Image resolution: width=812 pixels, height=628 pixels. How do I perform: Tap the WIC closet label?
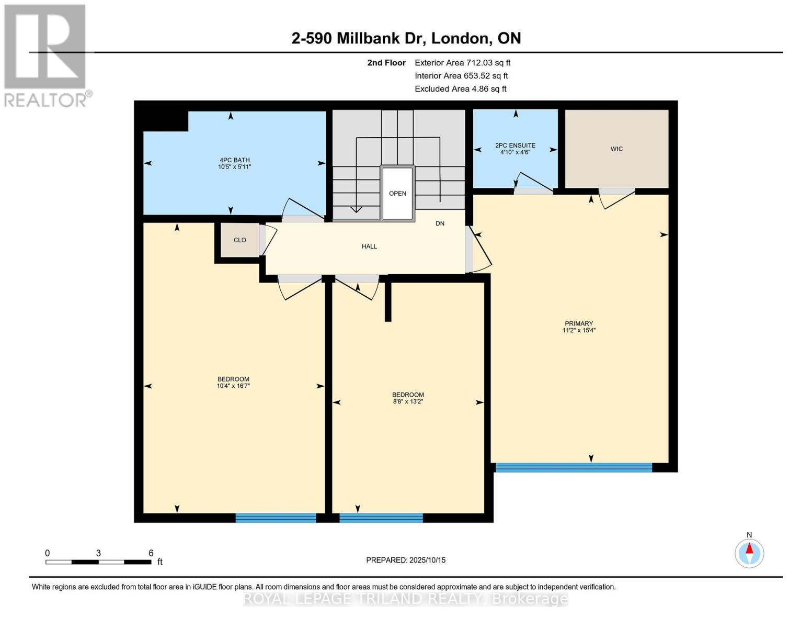[616, 149]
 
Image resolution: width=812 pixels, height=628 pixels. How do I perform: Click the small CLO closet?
[240, 240]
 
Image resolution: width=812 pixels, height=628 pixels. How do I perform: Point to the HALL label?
[369, 246]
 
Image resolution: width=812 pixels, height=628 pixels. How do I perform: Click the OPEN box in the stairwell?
[397, 194]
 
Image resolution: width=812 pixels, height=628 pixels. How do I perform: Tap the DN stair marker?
[440, 223]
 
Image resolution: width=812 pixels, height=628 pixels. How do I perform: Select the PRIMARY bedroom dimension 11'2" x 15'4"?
[579, 331]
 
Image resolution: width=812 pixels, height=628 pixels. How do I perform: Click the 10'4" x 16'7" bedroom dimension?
[233, 386]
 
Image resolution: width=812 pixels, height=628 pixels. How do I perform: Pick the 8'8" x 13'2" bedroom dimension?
[408, 402]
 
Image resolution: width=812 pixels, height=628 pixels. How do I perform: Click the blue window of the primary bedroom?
[574, 467]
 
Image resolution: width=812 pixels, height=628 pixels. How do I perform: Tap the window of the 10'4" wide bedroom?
[276, 518]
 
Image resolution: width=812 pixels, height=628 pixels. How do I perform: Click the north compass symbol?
[749, 553]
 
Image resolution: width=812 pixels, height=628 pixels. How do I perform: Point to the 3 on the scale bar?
[98, 553]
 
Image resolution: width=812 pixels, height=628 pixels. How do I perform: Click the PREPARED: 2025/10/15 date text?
[406, 560]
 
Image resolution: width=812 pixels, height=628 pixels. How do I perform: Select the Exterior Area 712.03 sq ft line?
[462, 63]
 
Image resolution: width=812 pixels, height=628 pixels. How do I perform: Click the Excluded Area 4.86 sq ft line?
[460, 89]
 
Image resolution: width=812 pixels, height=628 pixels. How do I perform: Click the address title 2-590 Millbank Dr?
[406, 38]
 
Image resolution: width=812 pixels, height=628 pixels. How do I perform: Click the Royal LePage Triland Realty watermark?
[406, 599]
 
